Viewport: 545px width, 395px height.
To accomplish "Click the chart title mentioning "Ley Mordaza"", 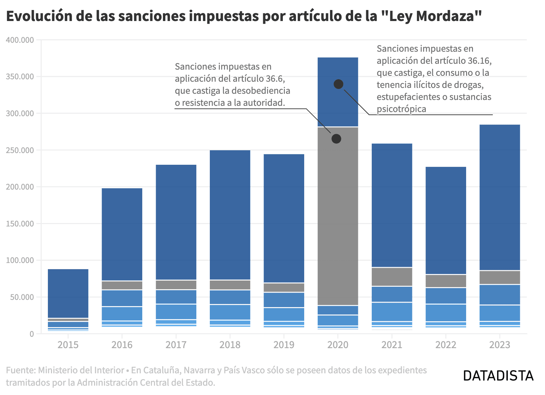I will pyautogui.click(x=244, y=16).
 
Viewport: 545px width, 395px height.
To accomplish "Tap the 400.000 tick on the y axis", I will pyautogui.click(x=20, y=40).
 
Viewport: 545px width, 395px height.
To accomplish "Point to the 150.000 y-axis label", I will pyautogui.click(x=20, y=224).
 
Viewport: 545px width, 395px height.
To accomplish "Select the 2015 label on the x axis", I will pyautogui.click(x=68, y=345).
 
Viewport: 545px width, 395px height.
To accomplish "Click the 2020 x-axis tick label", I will pyautogui.click(x=338, y=345).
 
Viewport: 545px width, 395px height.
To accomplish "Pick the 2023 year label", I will pyautogui.click(x=500, y=345).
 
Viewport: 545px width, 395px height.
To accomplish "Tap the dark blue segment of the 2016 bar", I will pyautogui.click(x=122, y=234).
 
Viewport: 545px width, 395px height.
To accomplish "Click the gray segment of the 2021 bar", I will pyautogui.click(x=392, y=277).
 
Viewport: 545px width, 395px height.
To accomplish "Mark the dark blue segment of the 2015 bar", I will pyautogui.click(x=68, y=293).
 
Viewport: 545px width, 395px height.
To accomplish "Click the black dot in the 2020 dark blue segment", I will pyautogui.click(x=338, y=84).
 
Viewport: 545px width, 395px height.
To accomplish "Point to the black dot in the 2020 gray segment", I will pyautogui.click(x=336, y=139).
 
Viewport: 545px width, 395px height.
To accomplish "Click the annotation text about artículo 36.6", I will pyautogui.click(x=232, y=84).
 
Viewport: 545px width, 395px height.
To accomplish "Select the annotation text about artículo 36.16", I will pyautogui.click(x=434, y=79).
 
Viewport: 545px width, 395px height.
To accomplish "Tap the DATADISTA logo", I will pyautogui.click(x=498, y=376).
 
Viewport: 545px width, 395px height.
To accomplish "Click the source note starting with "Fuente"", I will pyautogui.click(x=216, y=376).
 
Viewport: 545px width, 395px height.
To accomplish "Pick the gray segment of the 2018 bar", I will pyautogui.click(x=230, y=285).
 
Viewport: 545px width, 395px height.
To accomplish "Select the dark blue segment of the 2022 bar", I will pyautogui.click(x=446, y=221).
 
